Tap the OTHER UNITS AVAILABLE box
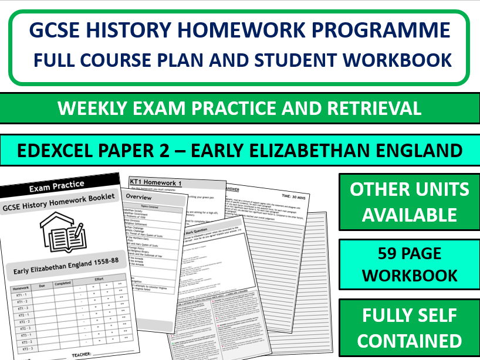(409, 202)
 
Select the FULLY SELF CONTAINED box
(409, 328)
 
